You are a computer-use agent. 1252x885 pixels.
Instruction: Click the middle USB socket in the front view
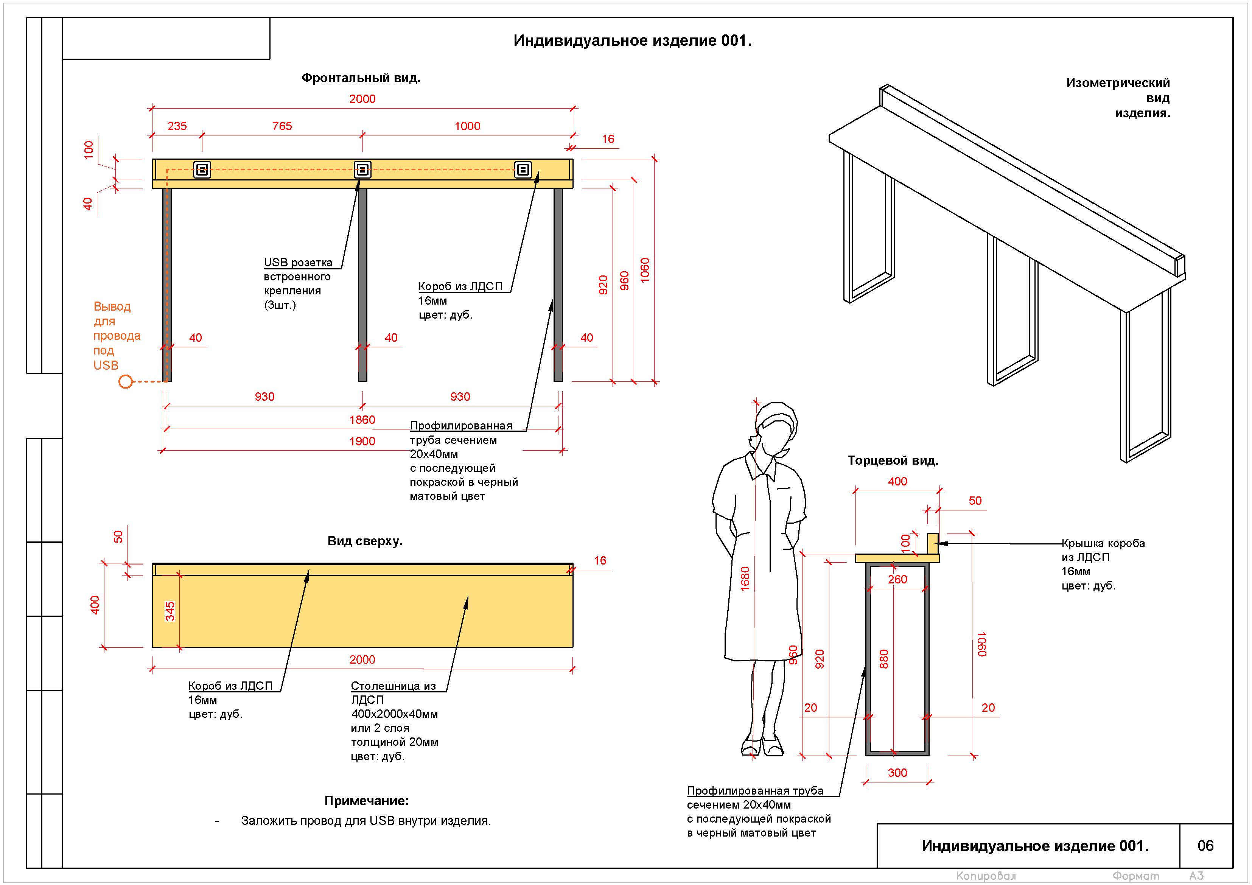[362, 170]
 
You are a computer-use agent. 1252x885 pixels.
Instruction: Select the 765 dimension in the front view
[282, 126]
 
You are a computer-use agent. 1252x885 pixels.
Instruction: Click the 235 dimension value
[177, 126]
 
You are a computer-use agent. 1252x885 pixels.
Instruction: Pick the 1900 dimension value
[362, 442]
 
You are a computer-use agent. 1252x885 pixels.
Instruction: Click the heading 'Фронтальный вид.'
[361, 78]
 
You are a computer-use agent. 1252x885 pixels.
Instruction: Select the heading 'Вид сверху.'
[365, 541]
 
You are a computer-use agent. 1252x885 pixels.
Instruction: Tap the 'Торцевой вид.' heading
[893, 460]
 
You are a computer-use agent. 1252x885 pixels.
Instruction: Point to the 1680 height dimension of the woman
[745, 579]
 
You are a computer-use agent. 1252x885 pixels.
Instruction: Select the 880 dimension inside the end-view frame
[884, 659]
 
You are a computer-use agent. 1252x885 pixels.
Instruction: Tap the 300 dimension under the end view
[897, 773]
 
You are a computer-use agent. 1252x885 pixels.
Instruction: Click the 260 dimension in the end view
[897, 580]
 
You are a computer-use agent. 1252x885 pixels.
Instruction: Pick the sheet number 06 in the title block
[1205, 846]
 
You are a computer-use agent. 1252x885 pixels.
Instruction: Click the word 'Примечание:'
[366, 801]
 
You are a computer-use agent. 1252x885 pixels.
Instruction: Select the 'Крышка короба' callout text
[1103, 543]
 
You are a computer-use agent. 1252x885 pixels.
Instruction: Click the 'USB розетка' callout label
[298, 262]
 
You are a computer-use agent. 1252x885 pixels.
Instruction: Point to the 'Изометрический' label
[1118, 83]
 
